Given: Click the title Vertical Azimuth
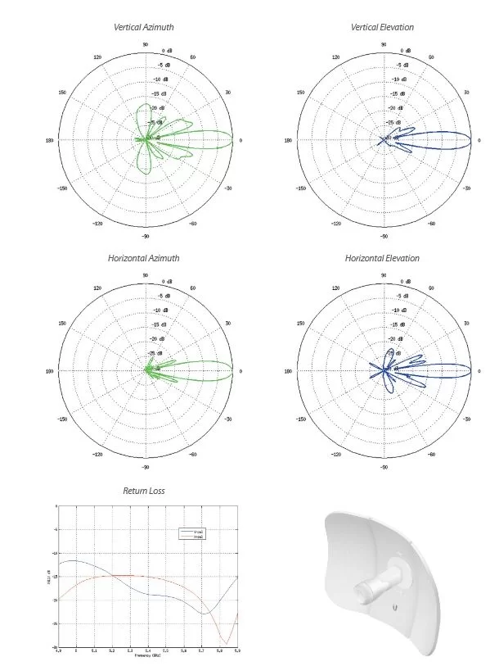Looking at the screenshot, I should tap(144, 27).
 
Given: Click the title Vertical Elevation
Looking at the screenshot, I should tap(382, 27).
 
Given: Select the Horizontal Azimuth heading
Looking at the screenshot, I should tap(144, 258).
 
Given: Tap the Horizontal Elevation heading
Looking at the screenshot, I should tap(382, 258).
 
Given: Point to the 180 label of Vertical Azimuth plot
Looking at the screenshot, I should tap(50, 140).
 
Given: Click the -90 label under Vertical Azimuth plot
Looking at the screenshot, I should tap(145, 237).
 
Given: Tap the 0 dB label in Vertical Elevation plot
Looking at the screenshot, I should tap(407, 50).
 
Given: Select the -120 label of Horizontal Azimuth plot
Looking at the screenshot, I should tap(97, 454).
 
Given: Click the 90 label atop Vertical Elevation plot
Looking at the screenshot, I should tap(384, 44).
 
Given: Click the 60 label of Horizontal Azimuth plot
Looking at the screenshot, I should tap(193, 288).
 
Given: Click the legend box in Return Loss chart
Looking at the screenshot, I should tap(194, 534).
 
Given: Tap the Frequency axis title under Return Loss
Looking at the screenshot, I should tap(147, 656).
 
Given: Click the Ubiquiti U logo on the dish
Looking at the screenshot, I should tap(395, 609).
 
